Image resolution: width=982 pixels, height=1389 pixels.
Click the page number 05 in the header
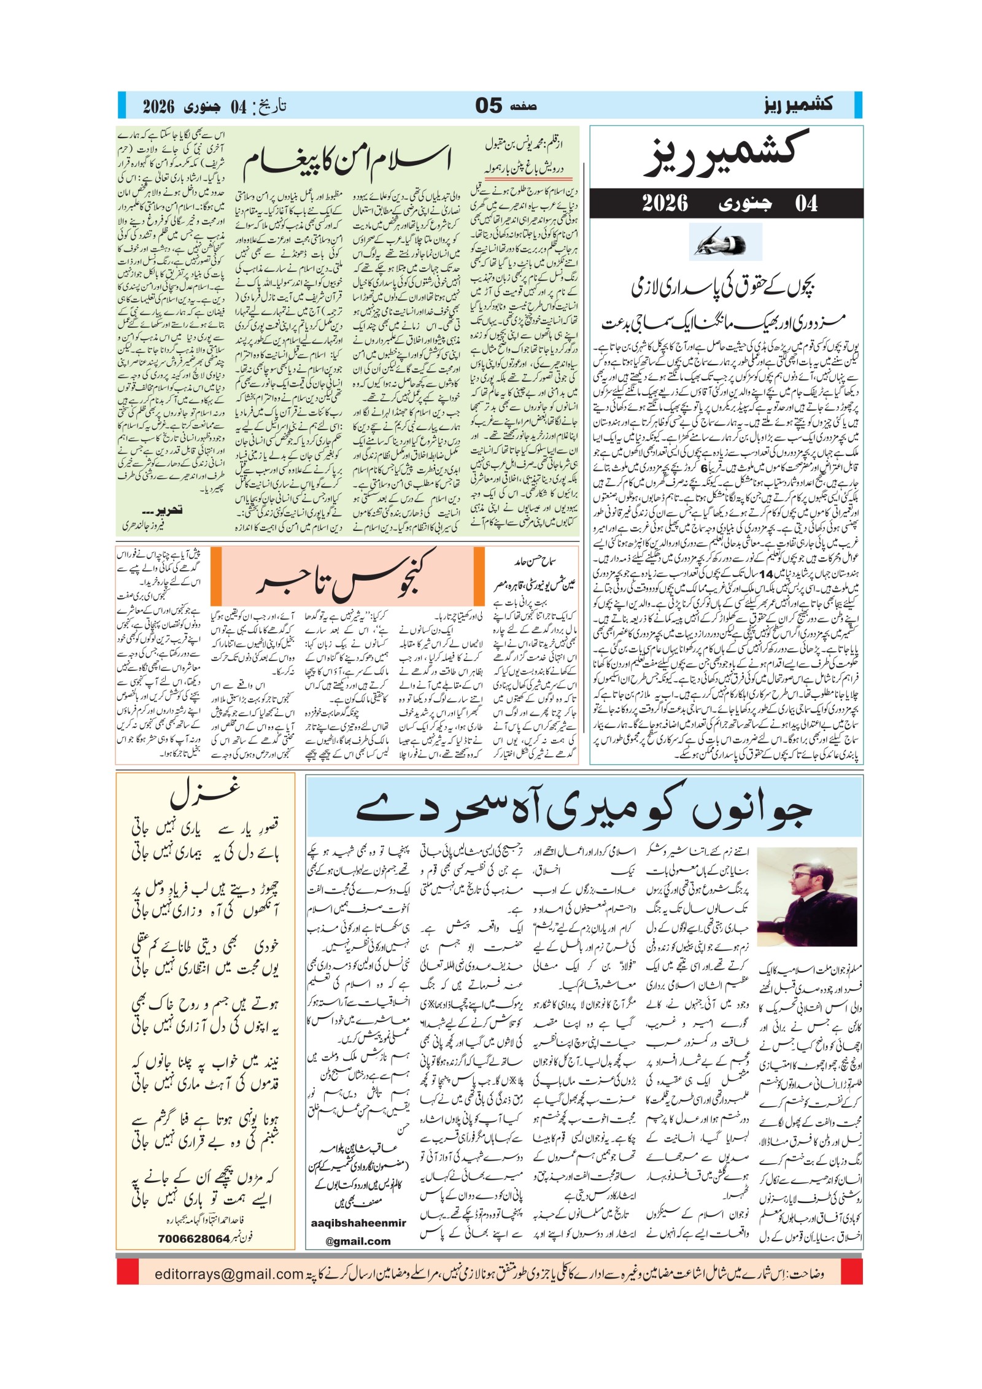(489, 106)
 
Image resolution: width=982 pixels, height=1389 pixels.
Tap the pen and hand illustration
(725, 242)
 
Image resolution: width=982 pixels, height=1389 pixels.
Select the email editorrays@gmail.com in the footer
(229, 1275)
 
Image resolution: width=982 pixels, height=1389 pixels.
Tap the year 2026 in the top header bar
(158, 106)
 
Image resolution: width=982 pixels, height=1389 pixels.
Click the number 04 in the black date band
(806, 203)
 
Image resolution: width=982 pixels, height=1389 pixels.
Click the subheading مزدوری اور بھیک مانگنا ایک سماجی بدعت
(723, 322)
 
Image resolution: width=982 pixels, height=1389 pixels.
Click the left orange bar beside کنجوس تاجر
(215, 576)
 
